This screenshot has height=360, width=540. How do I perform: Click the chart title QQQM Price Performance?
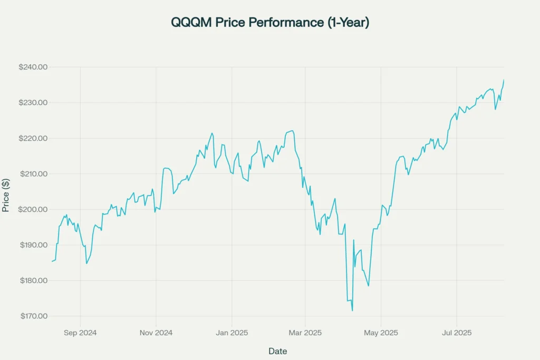pyautogui.click(x=269, y=23)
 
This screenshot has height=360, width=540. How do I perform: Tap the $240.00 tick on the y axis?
pyautogui.click(x=32, y=67)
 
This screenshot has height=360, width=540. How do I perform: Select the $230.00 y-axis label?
pyautogui.click(x=32, y=103)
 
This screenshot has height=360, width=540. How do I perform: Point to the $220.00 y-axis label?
pyautogui.click(x=32, y=138)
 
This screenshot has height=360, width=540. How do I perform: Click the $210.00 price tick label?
pyautogui.click(x=32, y=174)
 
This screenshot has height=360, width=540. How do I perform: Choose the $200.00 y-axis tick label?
pyautogui.click(x=32, y=209)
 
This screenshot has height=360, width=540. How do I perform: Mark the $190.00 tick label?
pyautogui.click(x=32, y=245)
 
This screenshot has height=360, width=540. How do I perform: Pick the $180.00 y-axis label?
pyautogui.click(x=32, y=280)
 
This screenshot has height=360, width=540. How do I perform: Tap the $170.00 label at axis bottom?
pyautogui.click(x=32, y=316)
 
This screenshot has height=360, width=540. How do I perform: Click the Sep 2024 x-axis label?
pyautogui.click(x=80, y=333)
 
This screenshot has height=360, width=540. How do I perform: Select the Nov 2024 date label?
pyautogui.click(x=156, y=333)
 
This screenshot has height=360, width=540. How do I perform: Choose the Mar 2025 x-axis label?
pyautogui.click(x=305, y=333)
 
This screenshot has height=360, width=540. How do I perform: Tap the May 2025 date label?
pyautogui.click(x=381, y=333)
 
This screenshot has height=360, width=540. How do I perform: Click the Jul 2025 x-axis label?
pyautogui.click(x=456, y=333)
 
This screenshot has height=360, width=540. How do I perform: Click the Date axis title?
pyautogui.click(x=277, y=351)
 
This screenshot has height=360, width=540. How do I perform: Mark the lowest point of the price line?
pyautogui.click(x=352, y=310)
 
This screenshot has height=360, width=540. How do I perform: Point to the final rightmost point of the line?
pyautogui.click(x=504, y=80)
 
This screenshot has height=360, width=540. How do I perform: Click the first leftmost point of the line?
pyautogui.click(x=52, y=261)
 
